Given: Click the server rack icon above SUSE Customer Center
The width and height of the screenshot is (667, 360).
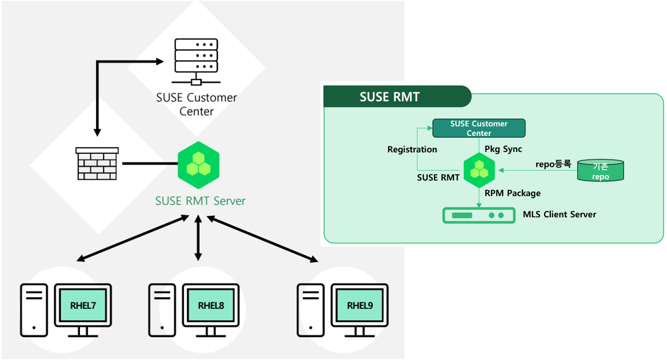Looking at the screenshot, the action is point(196,61).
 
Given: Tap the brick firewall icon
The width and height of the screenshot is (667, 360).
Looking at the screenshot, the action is point(97,164).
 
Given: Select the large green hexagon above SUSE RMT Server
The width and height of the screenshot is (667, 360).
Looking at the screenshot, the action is point(199,165).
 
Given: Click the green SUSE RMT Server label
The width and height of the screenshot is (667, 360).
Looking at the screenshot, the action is point(200,201).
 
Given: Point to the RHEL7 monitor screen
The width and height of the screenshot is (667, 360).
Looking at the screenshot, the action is point(83,305).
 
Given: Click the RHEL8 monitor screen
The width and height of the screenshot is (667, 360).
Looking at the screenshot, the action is point(211,305).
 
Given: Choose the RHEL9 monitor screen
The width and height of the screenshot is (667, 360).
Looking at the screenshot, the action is point(360,305).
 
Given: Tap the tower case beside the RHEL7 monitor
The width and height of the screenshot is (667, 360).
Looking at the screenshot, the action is point(34,310).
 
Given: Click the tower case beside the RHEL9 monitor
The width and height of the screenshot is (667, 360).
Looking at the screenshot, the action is point(311,310).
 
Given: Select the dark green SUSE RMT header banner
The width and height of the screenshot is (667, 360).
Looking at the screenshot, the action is point(397,97).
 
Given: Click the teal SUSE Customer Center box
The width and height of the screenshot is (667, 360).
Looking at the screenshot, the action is point(479,128).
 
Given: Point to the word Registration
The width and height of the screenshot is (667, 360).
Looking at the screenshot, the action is point(412,149).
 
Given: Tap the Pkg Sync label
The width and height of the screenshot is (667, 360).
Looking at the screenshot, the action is point(503,149).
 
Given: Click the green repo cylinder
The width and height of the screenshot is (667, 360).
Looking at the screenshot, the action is point(600,171).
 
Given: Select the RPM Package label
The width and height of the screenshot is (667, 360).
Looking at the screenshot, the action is point(513,193).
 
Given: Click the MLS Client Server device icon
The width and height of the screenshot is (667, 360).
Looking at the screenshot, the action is point(479,215).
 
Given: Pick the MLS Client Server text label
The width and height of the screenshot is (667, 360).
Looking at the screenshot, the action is point(559,214).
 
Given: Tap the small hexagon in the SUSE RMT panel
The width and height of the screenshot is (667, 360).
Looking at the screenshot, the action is point(479,170).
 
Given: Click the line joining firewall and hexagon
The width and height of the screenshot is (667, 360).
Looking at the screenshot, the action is point(150,164).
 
